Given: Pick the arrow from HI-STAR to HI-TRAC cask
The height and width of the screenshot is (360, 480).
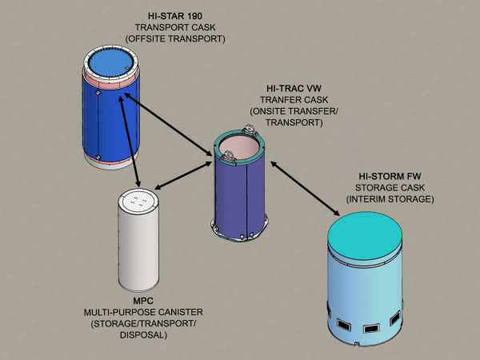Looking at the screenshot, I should coord(166,128).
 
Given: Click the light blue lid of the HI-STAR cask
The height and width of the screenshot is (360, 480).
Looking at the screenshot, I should coord(114,62).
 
